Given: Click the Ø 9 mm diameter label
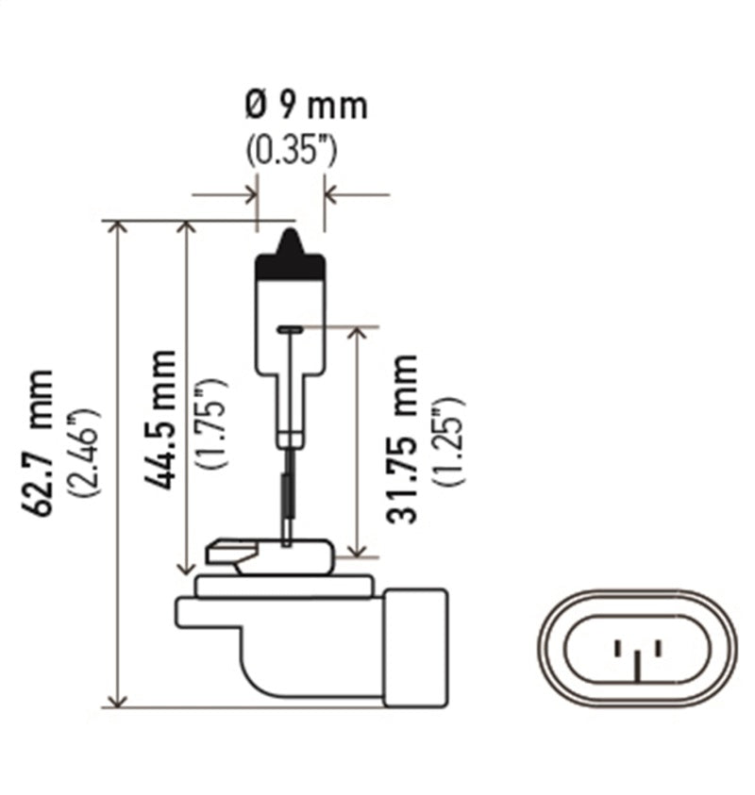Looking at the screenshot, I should click(x=305, y=106).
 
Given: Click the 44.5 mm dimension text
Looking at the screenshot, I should click(x=161, y=419).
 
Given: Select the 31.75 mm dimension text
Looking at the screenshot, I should click(x=403, y=439).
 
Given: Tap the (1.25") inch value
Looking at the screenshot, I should click(x=449, y=440).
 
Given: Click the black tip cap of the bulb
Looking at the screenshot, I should click(x=291, y=256).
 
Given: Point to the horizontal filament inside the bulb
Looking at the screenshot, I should click(x=291, y=329).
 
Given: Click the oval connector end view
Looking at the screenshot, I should click(x=637, y=648).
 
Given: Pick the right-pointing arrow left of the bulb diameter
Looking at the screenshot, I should click(x=249, y=195).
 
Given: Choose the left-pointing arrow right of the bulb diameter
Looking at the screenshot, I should click(x=332, y=195).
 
